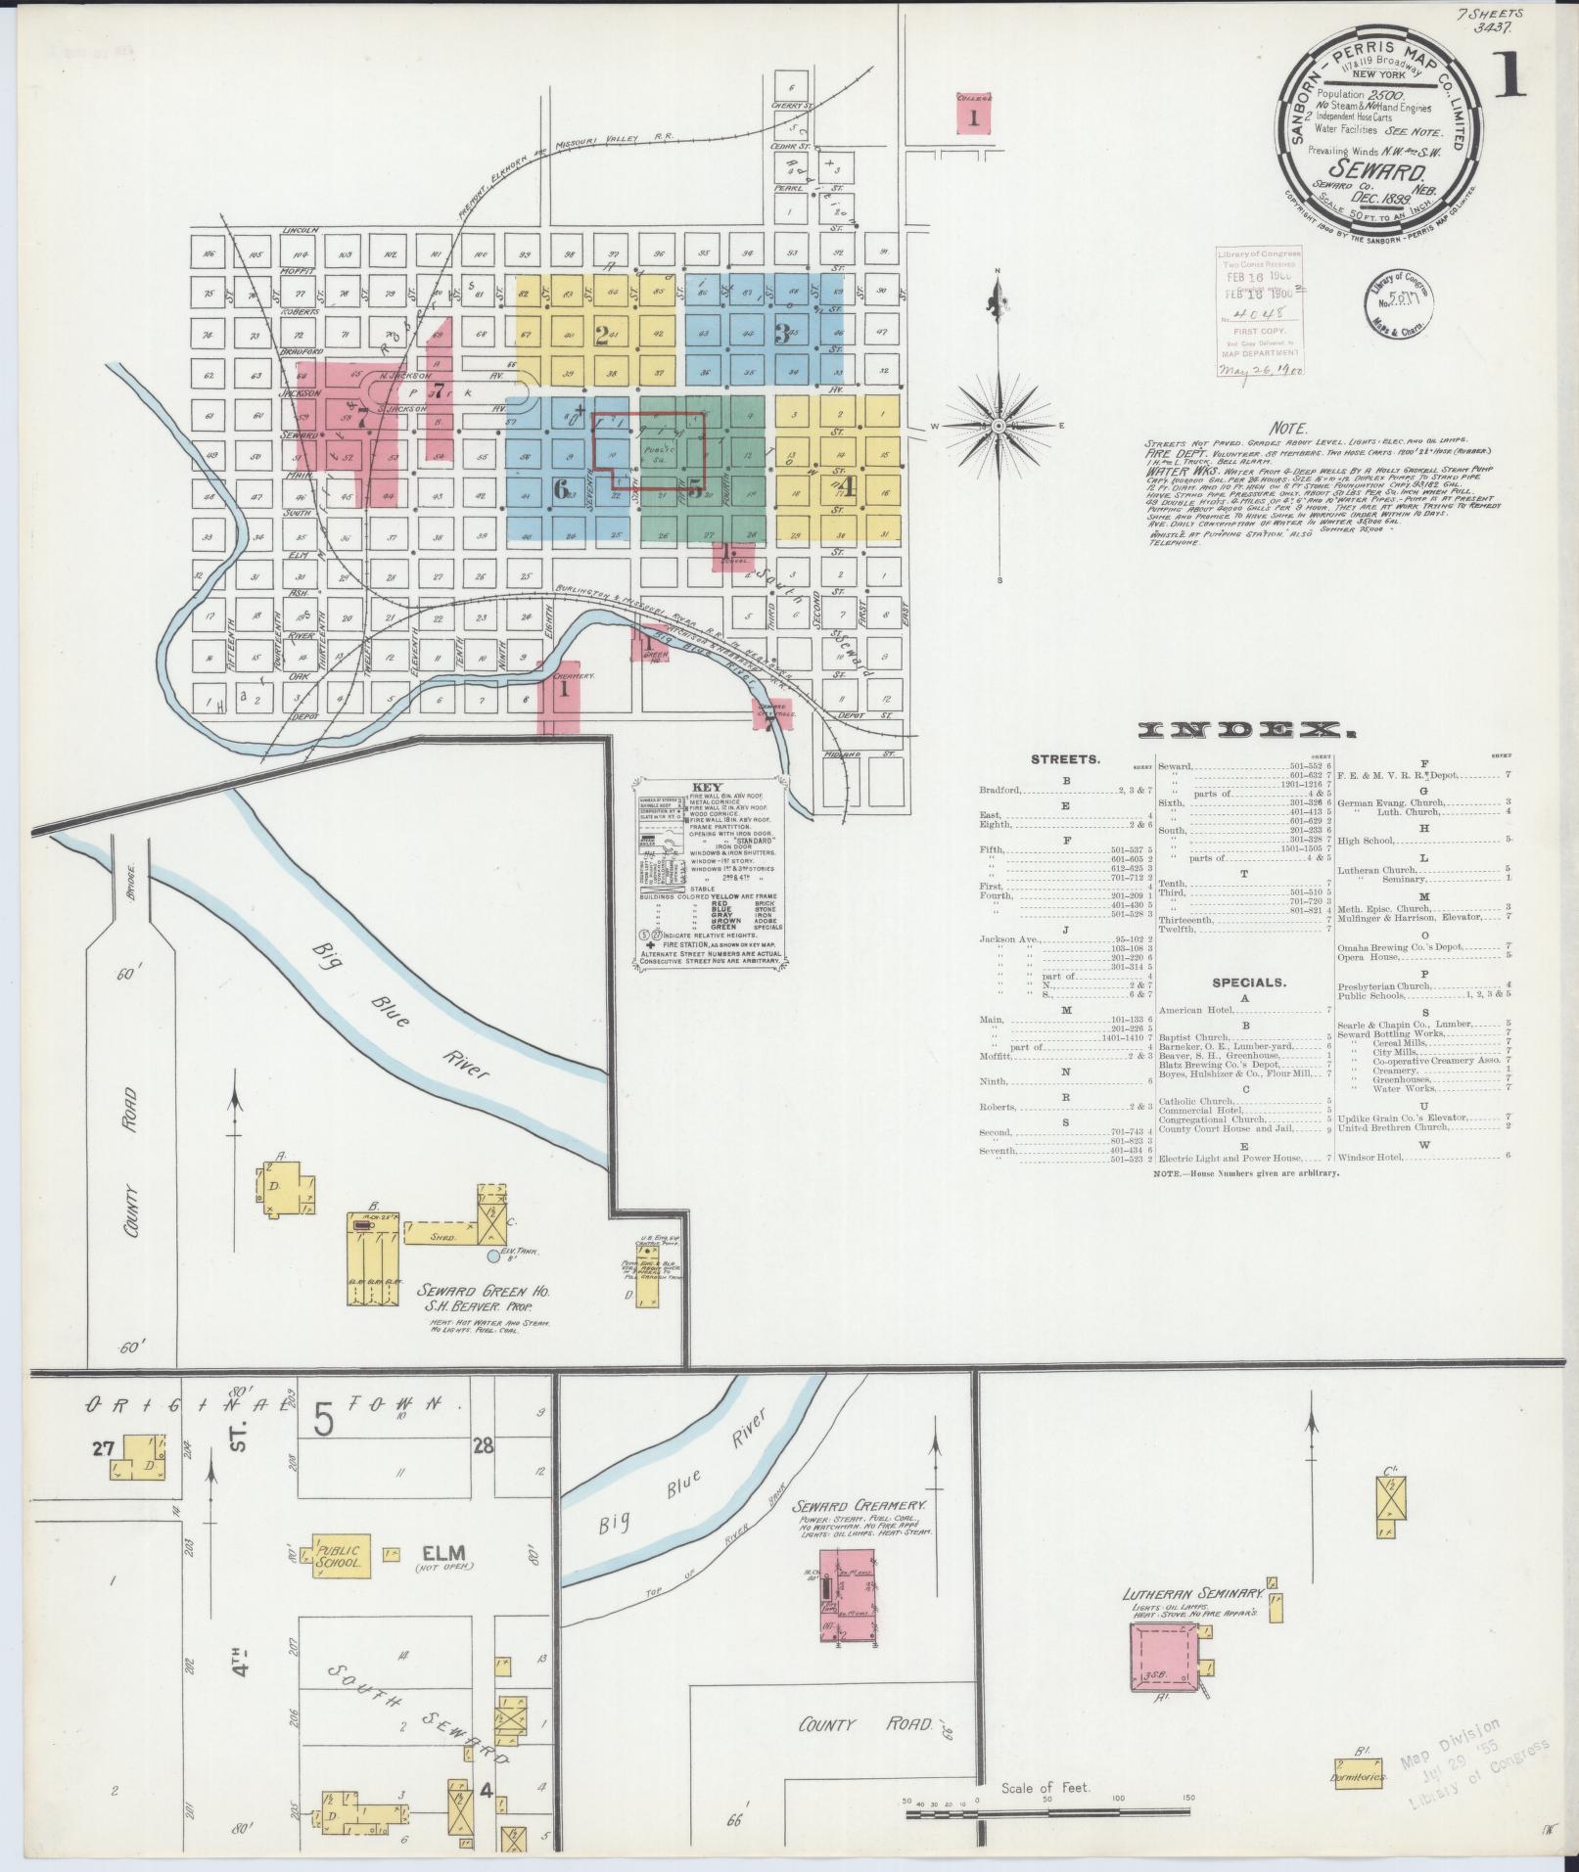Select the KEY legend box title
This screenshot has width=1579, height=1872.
pos(706,786)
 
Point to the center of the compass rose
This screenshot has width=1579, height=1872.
pos(998,426)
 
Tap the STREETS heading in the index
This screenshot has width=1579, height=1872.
pos(1065,758)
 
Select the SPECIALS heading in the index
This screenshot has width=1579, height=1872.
pos(1248,982)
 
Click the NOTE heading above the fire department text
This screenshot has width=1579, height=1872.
pos(1287,429)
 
